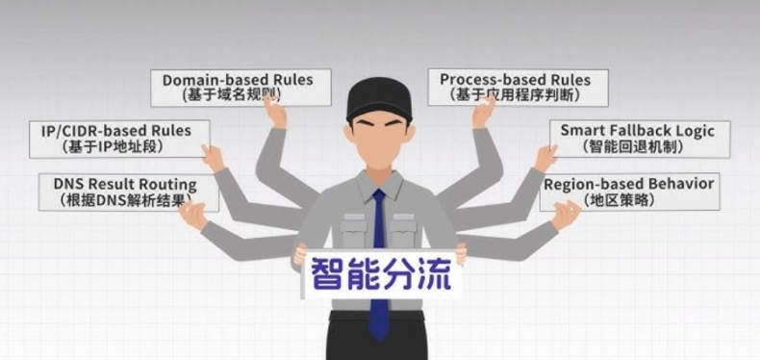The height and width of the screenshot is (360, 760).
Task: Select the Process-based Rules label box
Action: [518, 87]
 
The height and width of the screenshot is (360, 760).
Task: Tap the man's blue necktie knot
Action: [378, 198]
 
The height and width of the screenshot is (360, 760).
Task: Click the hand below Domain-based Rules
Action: [276, 114]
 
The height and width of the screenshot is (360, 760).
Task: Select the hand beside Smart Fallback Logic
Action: [545, 157]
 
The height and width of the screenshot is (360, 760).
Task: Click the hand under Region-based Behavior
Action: [566, 215]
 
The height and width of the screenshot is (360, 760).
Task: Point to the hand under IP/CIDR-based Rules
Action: [214, 157]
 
